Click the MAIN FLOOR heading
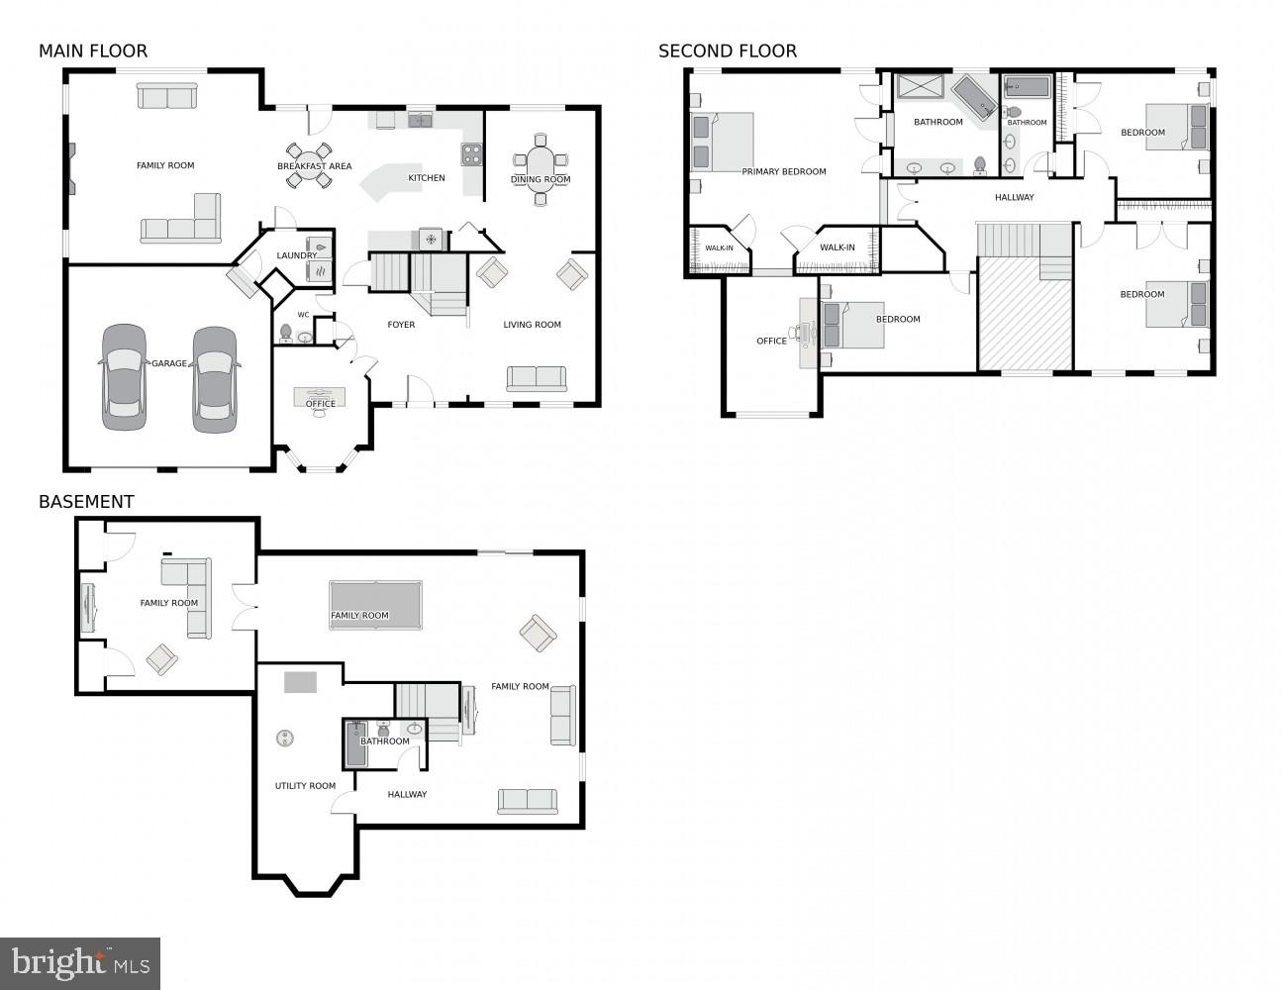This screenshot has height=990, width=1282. (x=93, y=51)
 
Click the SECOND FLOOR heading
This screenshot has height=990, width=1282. (x=727, y=51)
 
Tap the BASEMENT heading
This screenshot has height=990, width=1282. (x=86, y=502)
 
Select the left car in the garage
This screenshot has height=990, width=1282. (x=124, y=377)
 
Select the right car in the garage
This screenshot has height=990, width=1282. (x=215, y=379)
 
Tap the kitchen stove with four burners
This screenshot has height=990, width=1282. (x=471, y=154)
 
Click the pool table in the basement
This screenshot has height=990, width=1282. (x=375, y=605)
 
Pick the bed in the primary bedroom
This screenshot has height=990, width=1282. (x=723, y=143)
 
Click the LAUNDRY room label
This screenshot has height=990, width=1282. (x=296, y=255)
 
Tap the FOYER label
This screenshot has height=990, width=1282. (x=401, y=325)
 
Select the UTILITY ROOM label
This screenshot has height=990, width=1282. (x=305, y=786)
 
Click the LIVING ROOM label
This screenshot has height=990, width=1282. (x=532, y=325)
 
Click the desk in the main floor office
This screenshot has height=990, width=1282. (x=320, y=397)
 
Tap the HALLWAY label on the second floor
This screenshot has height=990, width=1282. (x=1014, y=198)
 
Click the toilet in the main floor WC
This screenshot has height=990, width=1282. (x=286, y=332)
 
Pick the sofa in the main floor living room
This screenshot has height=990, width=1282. (x=537, y=379)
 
